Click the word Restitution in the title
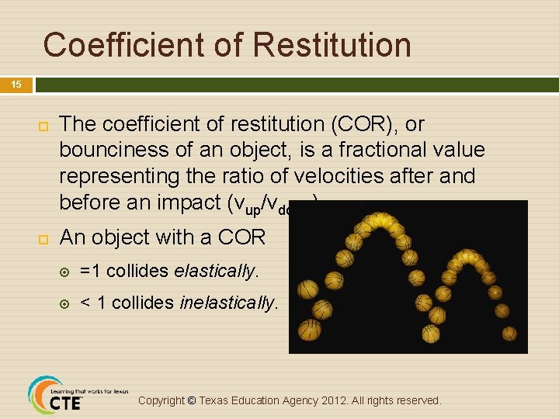pos(332,45)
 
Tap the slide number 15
pos(16,85)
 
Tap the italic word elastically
pos(216,271)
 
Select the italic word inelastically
pos(228,303)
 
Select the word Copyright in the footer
pos(161,400)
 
